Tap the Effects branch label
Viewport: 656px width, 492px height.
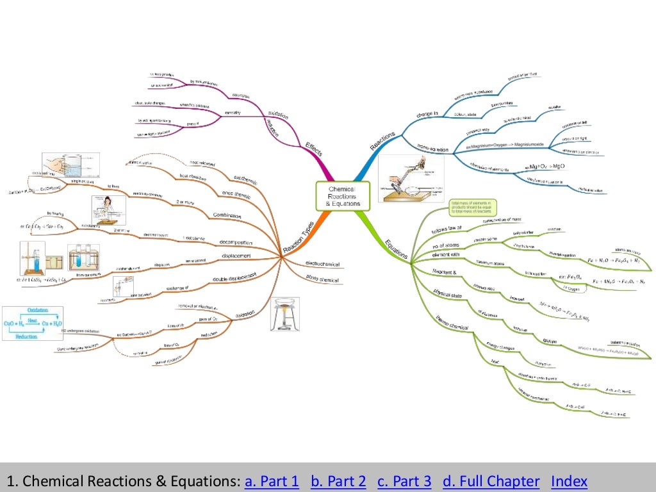tap(314, 149)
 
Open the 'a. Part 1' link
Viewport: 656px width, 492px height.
tap(272, 482)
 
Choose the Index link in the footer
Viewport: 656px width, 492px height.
tap(569, 482)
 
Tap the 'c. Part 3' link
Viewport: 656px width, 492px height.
tap(404, 482)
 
